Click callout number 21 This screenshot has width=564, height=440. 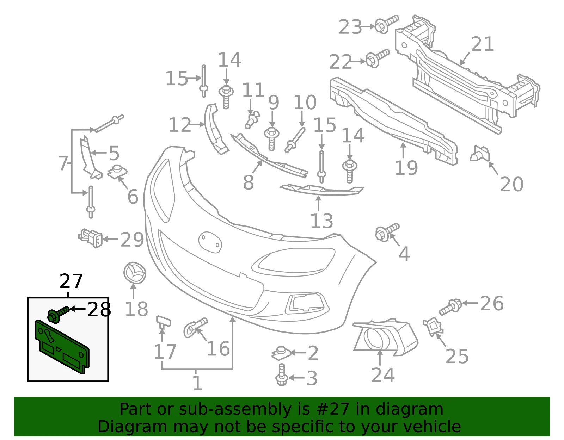tap(482, 44)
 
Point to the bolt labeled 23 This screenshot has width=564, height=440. tap(386, 24)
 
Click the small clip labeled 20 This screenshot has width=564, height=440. tap(480, 154)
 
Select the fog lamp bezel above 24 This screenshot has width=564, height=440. tap(386, 337)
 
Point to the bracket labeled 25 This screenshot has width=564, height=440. tap(433, 327)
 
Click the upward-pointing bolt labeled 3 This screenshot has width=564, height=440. tap(281, 374)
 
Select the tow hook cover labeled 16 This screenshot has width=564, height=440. tap(195, 327)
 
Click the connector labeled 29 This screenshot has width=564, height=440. tap(91, 238)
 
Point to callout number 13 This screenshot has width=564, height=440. tap(321, 221)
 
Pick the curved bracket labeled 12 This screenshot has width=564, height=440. tap(216, 129)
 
